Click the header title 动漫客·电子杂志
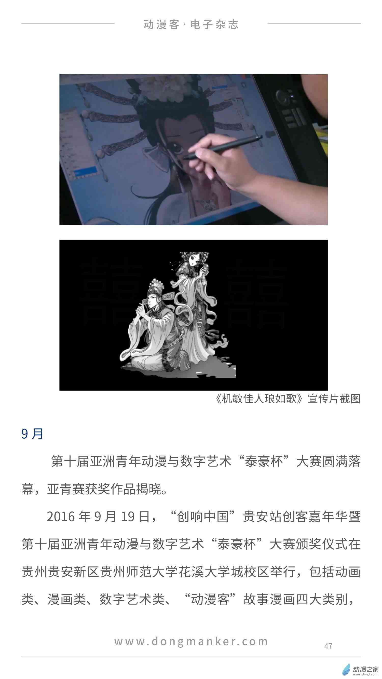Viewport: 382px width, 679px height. coord(191,24)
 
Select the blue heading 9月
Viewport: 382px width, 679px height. coord(32,434)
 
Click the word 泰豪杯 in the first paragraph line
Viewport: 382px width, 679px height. coord(263,462)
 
